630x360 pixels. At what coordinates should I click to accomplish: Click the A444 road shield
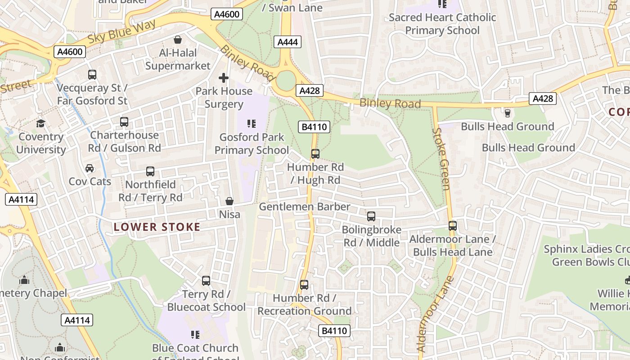(x=287, y=42)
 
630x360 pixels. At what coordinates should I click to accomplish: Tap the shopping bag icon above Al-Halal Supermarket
(x=178, y=40)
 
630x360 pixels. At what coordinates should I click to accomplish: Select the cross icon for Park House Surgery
(x=224, y=78)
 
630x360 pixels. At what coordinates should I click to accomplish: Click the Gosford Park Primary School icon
(x=252, y=124)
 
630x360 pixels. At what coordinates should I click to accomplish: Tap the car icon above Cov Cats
(x=90, y=168)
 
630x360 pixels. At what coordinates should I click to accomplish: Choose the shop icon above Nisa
(x=229, y=201)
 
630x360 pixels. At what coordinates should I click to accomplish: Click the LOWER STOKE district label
(x=157, y=227)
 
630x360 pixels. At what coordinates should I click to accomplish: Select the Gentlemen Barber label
(x=304, y=207)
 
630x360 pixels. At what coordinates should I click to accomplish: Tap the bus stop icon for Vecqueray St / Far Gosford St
(x=92, y=75)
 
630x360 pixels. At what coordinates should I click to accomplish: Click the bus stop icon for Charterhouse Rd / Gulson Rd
(x=124, y=122)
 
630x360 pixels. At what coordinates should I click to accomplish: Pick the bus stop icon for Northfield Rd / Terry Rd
(x=150, y=171)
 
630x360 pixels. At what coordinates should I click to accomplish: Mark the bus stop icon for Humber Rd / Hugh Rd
(x=315, y=154)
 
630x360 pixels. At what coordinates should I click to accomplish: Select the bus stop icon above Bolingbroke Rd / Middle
(x=371, y=216)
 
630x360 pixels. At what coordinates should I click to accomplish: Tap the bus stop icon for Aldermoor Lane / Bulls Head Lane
(x=453, y=226)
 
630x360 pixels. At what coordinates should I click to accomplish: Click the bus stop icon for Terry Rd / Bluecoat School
(x=206, y=281)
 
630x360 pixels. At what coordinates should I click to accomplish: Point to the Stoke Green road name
(x=441, y=159)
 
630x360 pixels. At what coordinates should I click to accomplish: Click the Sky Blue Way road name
(x=121, y=31)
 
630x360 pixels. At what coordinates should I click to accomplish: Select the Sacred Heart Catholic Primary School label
(x=442, y=24)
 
